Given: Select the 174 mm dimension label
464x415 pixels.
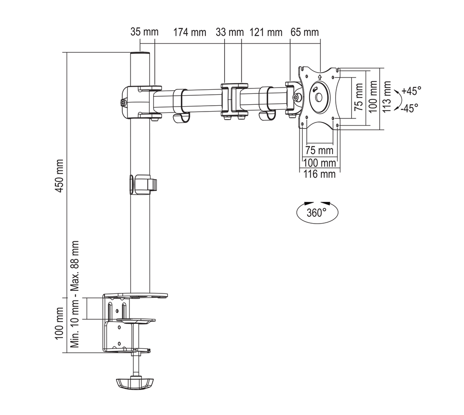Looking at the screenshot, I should tap(189, 32).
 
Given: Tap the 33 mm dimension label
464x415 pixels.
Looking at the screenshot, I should tap(230, 32).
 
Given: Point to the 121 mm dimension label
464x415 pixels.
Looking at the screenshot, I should tap(266, 32).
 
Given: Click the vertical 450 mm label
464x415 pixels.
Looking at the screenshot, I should tap(59, 176).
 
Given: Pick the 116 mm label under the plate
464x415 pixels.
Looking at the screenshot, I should tap(320, 174).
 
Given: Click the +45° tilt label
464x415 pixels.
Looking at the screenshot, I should tap(411, 91).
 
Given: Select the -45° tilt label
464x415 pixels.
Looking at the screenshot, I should tap(410, 108).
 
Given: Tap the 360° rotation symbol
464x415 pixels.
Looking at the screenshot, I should tap(317, 212).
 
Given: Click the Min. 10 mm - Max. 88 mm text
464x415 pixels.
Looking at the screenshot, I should tap(76, 294).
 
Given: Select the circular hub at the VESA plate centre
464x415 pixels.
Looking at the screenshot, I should tap(318, 97).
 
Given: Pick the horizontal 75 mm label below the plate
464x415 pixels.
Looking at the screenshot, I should tap(319, 150).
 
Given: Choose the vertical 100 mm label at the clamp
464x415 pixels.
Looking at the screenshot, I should tap(59, 323).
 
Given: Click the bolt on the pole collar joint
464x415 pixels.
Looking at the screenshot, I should tap(123, 103).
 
